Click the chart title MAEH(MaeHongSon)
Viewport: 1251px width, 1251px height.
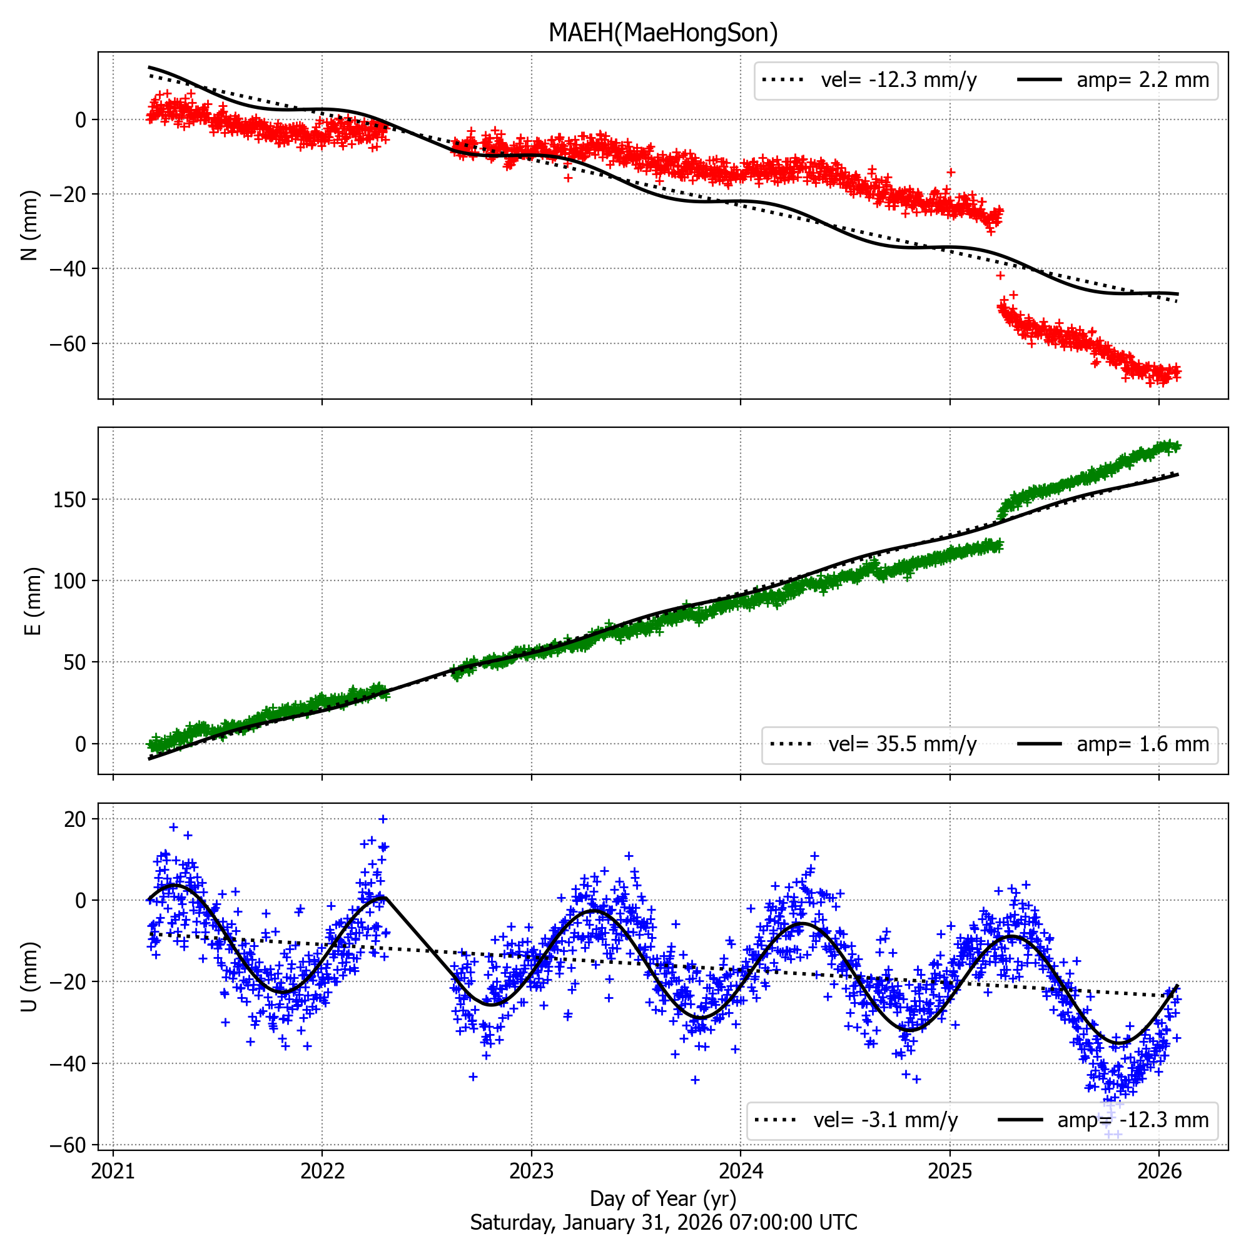coord(663,33)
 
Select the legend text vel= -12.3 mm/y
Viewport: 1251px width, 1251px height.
coord(899,80)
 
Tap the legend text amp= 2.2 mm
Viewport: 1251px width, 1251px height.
coord(1143,80)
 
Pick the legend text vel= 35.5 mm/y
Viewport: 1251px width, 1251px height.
coord(903,744)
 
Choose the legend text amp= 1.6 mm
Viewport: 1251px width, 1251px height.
coord(1143,744)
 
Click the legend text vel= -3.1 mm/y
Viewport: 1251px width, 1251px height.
coord(886,1120)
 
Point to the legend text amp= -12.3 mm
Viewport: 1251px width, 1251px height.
coord(1133,1120)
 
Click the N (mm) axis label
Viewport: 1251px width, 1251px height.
coord(30,225)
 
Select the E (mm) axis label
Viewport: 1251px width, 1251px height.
coord(33,601)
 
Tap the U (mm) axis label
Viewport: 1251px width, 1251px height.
coord(30,976)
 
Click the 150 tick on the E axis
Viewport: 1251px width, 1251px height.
coord(71,499)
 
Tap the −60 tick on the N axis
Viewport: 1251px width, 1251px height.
coord(68,344)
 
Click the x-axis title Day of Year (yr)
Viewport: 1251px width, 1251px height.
coord(663,1198)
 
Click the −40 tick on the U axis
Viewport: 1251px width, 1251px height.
coord(68,1063)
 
